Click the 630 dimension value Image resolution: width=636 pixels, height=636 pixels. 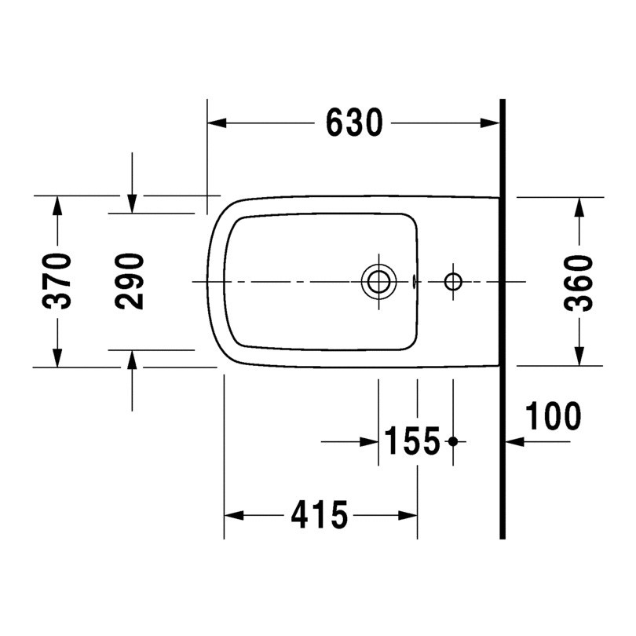[354, 123]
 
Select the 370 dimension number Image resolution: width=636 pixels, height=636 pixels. [59, 281]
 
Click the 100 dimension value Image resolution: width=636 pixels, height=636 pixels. [553, 416]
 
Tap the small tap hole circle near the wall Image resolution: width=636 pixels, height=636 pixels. [453, 280]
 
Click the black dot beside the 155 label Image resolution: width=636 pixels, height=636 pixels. [452, 442]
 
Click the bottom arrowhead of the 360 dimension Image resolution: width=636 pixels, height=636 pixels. [579, 356]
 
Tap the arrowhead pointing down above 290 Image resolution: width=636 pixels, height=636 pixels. [132, 203]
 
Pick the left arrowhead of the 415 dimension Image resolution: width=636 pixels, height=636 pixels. [234, 516]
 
